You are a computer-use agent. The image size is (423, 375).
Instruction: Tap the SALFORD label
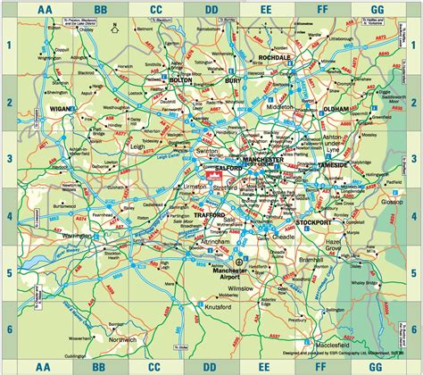tap(230, 167)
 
